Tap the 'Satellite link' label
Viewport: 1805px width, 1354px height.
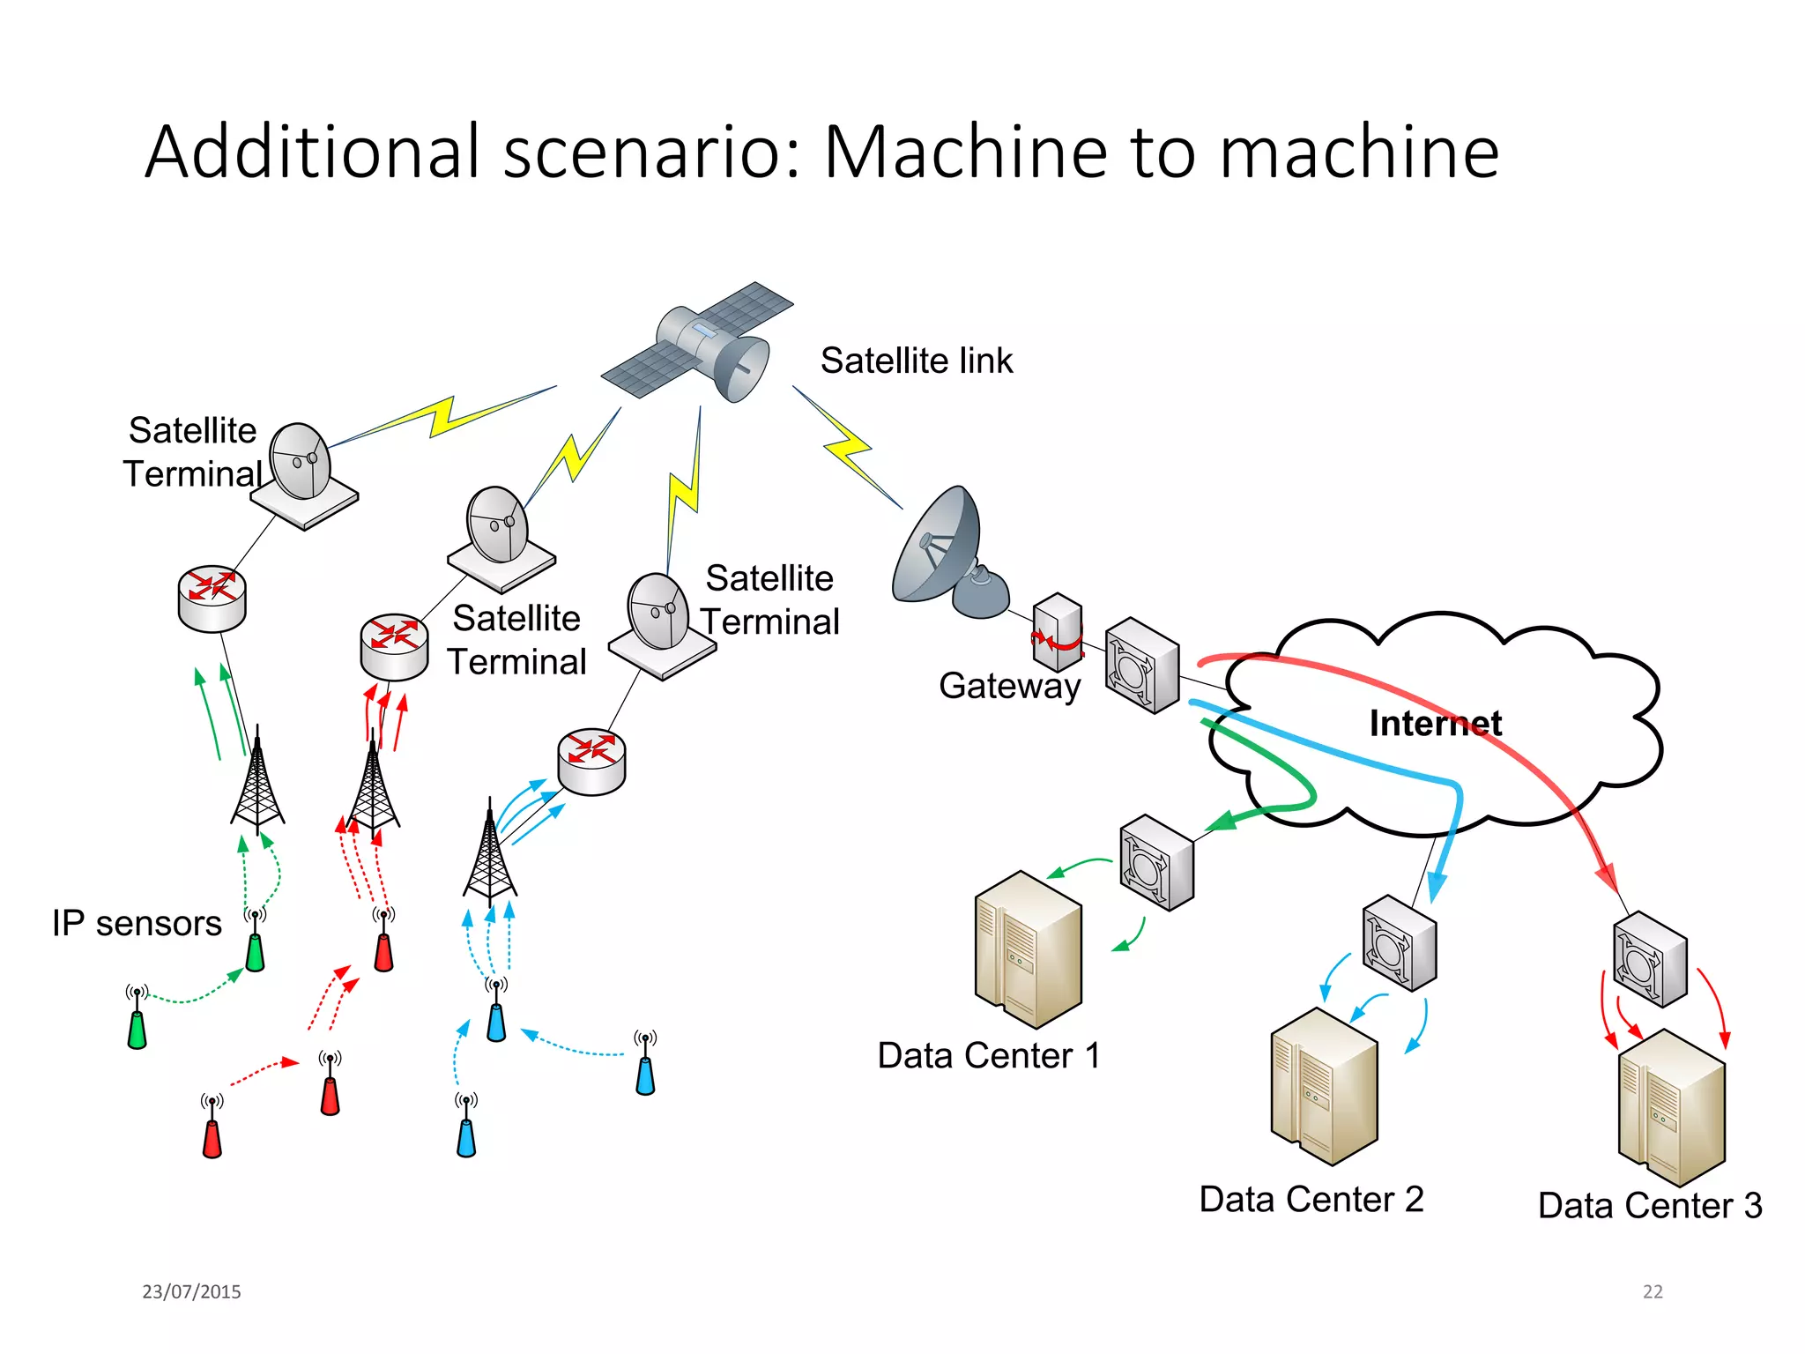click(x=917, y=361)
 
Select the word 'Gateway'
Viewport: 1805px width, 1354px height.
click(x=1009, y=686)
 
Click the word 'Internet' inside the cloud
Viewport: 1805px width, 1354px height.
click(x=1435, y=724)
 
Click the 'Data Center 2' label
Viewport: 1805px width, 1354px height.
click(x=1311, y=1200)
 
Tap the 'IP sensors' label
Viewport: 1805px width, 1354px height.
click(x=137, y=923)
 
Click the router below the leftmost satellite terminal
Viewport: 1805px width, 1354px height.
click(x=212, y=599)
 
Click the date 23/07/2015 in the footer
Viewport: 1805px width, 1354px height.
click(x=191, y=1291)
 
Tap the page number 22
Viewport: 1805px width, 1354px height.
click(x=1653, y=1291)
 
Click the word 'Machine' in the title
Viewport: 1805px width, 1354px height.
click(x=966, y=152)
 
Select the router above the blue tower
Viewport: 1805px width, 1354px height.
click(x=591, y=761)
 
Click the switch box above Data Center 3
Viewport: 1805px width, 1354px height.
click(x=1650, y=959)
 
